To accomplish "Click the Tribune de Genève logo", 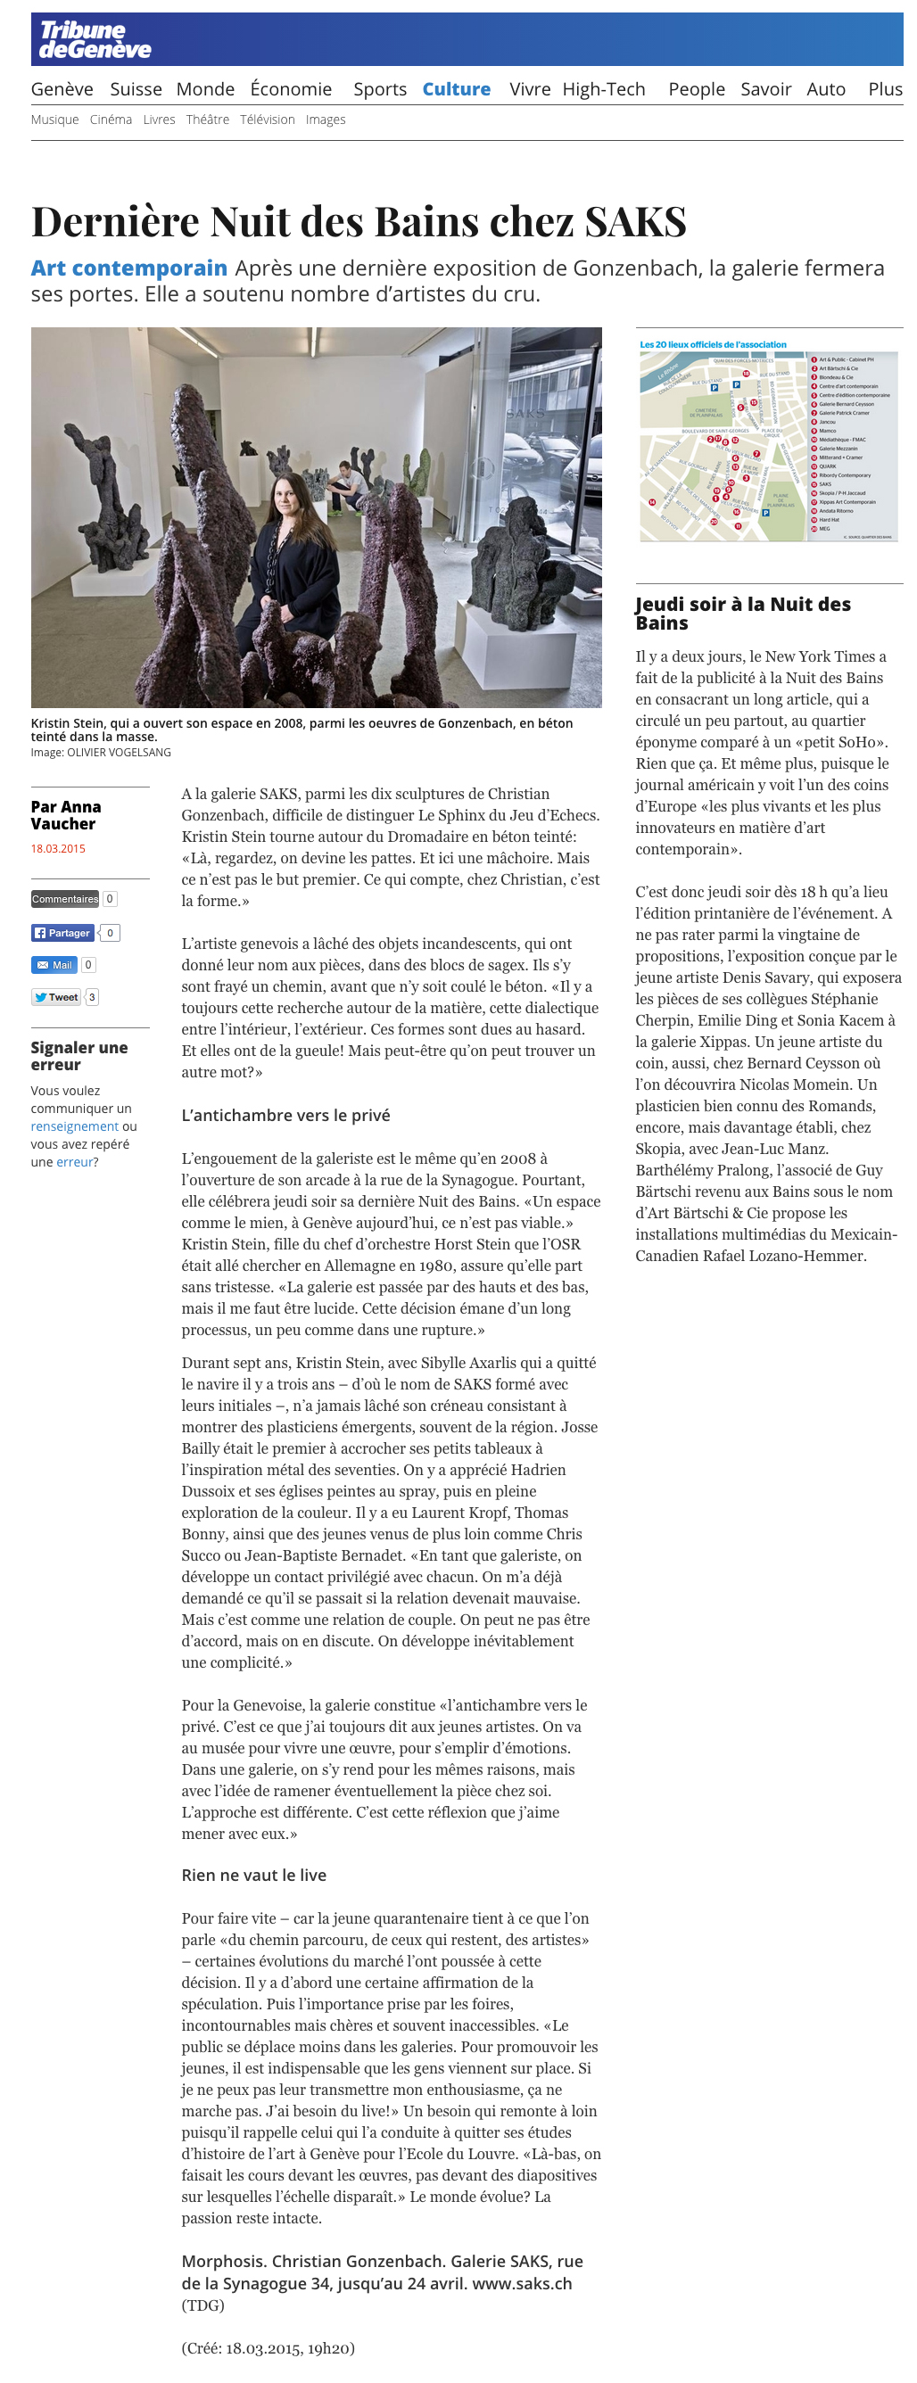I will pos(95,41).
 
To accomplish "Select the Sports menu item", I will pos(379,89).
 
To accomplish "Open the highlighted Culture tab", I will pos(456,89).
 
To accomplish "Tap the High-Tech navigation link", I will pos(603,89).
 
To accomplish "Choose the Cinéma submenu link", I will pos(110,120).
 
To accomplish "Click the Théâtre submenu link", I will pos(207,120).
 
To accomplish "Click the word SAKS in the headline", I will pos(635,222).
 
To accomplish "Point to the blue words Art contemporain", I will pos(128,268).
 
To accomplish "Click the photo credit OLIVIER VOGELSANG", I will pos(119,752).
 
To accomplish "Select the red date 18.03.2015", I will pos(57,848).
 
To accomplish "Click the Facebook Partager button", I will pos(63,933).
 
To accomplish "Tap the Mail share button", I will pos(54,965).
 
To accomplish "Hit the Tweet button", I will pos(56,997).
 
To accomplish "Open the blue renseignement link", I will pos(74,1126).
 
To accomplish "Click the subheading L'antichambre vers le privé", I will pos(285,1115).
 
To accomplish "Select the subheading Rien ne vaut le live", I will pos(253,1876).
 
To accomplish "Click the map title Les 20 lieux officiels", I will pos(713,344).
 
